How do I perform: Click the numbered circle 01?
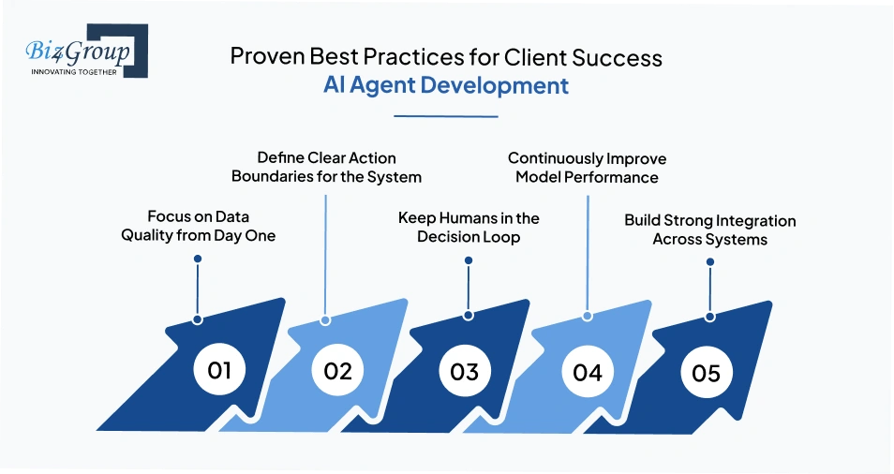click(219, 370)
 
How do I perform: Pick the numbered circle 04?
click(588, 372)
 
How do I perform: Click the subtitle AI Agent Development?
click(446, 85)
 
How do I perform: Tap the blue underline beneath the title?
click(446, 116)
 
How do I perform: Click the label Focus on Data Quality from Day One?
click(199, 227)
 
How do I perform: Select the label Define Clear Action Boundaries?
click(326, 168)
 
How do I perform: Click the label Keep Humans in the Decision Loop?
click(469, 227)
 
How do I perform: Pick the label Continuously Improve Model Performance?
click(587, 168)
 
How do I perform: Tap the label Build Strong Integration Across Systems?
click(709, 230)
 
